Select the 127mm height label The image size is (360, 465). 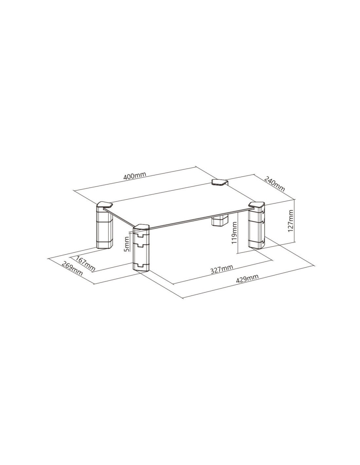[291, 221]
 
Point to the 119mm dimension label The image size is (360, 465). [235, 232]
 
